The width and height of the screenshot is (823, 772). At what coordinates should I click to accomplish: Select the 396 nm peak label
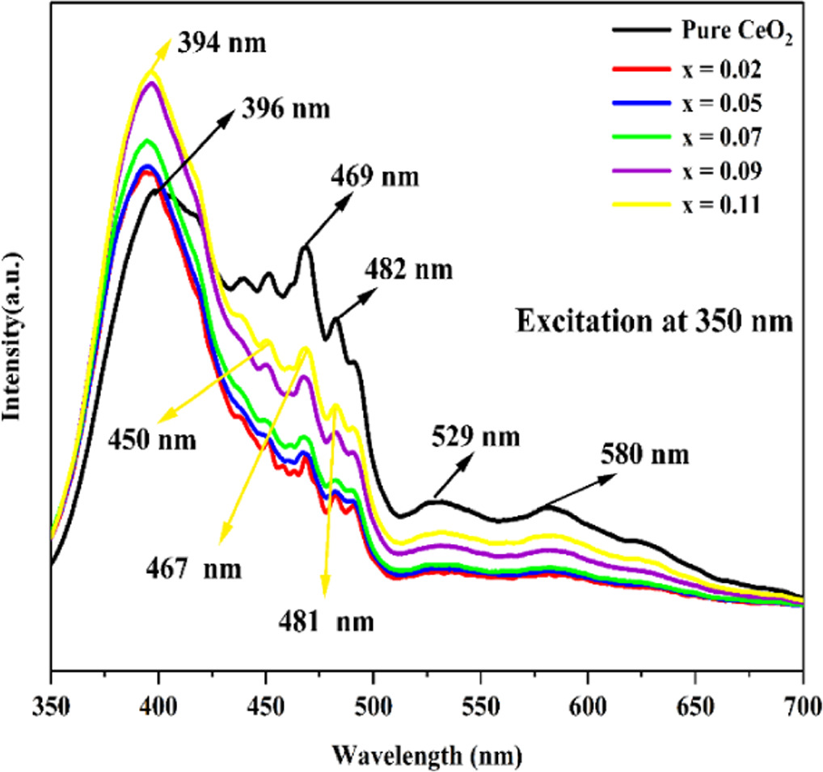[285, 108]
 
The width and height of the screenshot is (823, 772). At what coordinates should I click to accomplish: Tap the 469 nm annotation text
[374, 176]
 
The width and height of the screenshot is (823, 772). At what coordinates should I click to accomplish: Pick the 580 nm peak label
[644, 454]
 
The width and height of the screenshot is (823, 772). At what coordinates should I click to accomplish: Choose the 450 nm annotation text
[152, 441]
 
